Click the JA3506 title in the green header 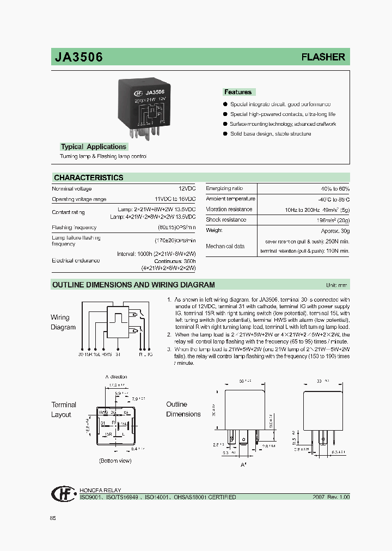click(78, 57)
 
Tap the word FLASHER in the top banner click(323, 57)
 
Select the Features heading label click(238, 92)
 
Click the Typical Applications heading click(94, 146)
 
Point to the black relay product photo click(144, 106)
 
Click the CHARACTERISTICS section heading click(89, 177)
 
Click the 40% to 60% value click(335, 188)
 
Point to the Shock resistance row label click(226, 219)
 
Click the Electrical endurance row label click(76, 261)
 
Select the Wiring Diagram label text click(63, 322)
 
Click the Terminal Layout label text click(64, 409)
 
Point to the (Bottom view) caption click(115, 461)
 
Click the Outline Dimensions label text click(183, 409)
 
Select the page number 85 click(53, 518)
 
